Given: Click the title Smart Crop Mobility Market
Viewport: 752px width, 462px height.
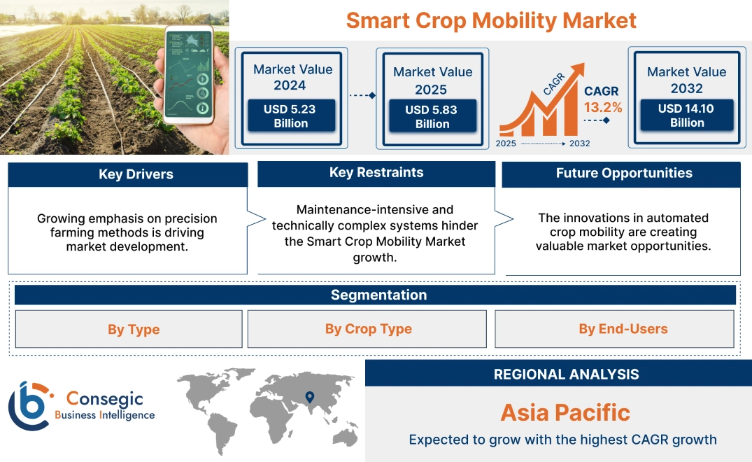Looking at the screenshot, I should click(x=491, y=20).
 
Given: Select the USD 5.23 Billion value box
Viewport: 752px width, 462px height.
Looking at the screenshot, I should click(x=290, y=115).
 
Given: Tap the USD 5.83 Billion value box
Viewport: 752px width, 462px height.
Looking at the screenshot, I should click(x=432, y=116).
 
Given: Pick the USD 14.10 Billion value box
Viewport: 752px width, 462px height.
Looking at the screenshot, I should click(x=687, y=115).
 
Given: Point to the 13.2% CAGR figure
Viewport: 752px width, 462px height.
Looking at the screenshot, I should click(x=603, y=107).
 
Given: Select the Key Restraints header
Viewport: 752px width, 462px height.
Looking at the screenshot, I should click(x=376, y=173).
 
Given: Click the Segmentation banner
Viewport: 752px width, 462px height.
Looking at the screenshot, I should click(x=378, y=295).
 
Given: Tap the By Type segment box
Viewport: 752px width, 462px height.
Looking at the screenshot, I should click(x=134, y=329).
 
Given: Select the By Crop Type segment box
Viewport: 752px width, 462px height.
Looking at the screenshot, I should click(x=368, y=329).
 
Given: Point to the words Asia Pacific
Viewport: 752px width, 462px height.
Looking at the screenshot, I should click(x=565, y=412).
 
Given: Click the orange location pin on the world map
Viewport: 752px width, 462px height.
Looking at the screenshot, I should click(x=308, y=398).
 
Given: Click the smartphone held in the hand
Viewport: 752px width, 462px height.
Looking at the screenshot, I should click(x=188, y=73).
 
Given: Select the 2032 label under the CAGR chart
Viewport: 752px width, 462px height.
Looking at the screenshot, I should click(x=579, y=143).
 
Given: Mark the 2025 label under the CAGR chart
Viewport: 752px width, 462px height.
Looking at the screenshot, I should click(x=506, y=143).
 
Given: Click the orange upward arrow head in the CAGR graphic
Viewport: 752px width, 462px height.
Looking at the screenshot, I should click(x=577, y=71).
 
